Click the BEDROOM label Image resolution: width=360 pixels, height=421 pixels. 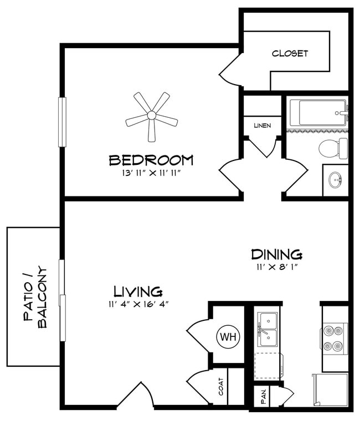pos(151,160)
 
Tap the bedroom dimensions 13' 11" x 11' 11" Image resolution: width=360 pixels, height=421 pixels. pos(151,173)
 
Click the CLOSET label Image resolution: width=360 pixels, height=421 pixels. pos(290,53)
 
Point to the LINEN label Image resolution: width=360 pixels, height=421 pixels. pos(263,126)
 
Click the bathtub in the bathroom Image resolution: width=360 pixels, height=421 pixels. pos(319,112)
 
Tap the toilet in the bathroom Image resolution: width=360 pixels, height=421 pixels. pos(333,148)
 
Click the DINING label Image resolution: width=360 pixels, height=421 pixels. pos(277,254)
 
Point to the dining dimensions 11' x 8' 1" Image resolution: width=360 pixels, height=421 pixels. pos(277,267)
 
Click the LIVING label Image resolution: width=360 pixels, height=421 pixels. pos(138,292)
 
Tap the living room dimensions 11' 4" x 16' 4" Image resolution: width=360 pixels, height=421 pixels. pos(138,304)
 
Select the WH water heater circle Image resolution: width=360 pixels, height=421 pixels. pos(228,336)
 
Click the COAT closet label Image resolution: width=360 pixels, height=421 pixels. pos(221,387)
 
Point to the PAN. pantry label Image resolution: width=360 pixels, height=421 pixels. pos(264,396)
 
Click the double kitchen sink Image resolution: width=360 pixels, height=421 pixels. pos(268,329)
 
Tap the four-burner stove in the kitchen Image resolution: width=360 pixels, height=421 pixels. pos(334,339)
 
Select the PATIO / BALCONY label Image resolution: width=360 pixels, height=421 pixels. pos(35,297)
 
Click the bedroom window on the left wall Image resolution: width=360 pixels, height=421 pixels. pos(63,122)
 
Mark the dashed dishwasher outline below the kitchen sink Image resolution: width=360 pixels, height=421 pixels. pos(268,366)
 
